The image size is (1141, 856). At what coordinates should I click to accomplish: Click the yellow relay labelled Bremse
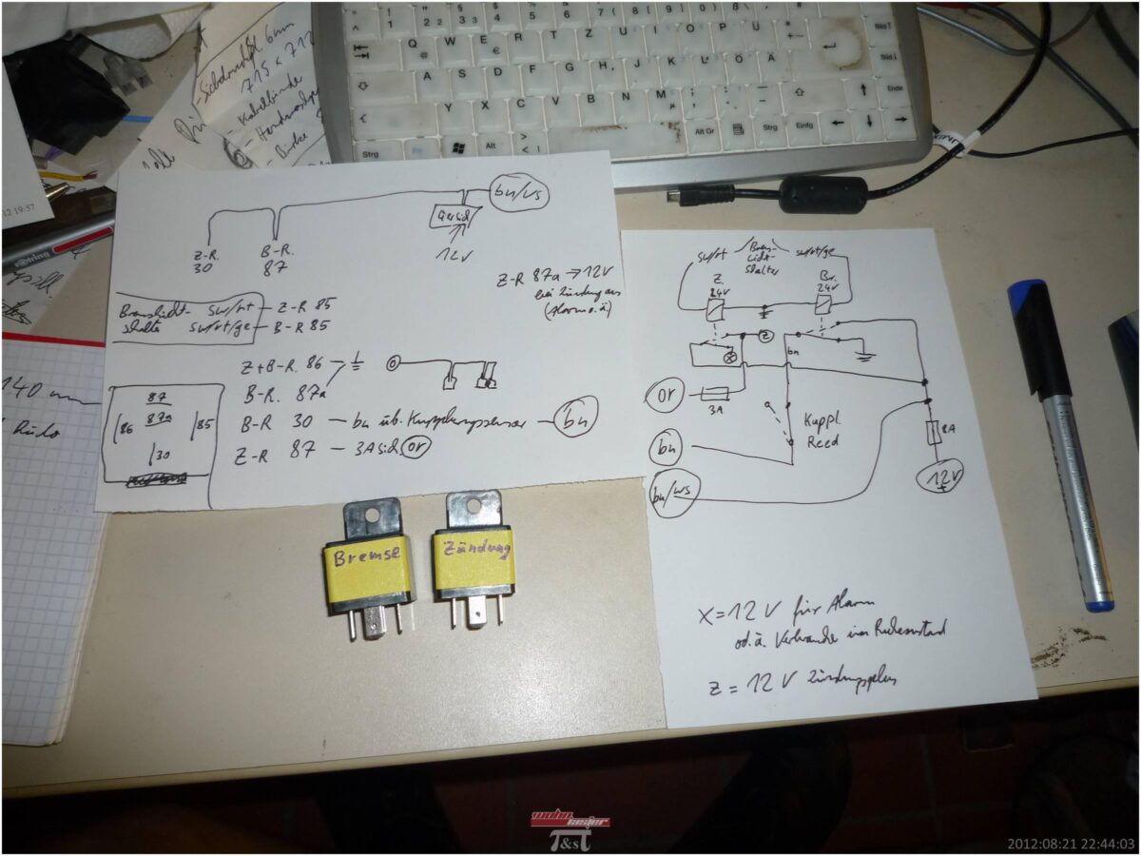367,567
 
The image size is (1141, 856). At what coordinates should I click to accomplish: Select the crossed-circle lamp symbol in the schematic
733,359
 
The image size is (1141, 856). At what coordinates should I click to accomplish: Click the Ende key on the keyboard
896,88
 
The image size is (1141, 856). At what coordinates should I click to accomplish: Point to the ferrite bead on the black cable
822,194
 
